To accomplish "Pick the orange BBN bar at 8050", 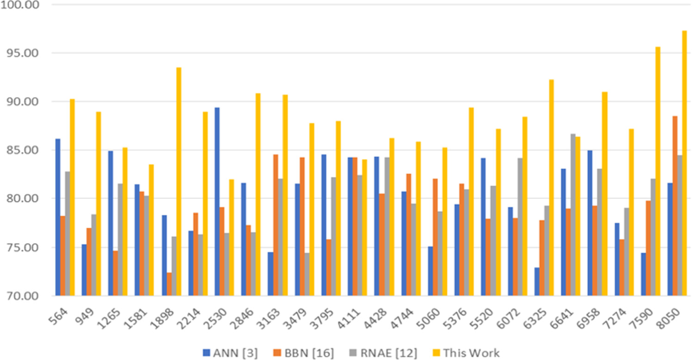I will pos(675,205).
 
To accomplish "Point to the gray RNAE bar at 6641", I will pos(573,215).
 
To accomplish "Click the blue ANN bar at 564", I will pos(58,217).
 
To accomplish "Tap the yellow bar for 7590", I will pos(658,171).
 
